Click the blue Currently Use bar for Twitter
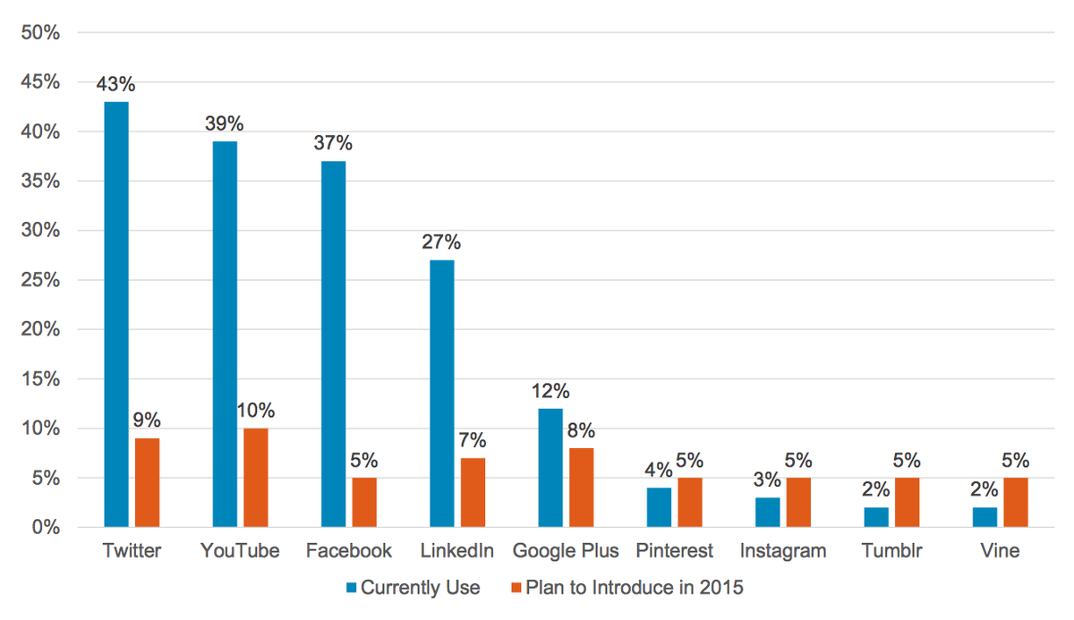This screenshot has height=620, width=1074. (116, 314)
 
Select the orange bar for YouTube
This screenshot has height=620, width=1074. (255, 478)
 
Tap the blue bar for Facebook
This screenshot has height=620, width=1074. (333, 344)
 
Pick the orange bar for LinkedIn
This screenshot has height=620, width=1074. (473, 492)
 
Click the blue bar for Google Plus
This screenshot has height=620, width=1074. (550, 468)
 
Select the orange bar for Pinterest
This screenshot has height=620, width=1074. (689, 503)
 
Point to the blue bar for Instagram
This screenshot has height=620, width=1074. (767, 513)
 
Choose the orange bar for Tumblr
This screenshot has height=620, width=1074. (907, 503)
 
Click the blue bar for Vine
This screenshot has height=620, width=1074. (984, 517)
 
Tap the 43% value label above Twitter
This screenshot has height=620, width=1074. (116, 85)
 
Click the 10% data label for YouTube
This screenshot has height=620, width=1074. (255, 412)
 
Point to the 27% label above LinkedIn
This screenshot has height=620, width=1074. (442, 242)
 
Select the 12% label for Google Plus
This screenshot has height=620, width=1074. (550, 391)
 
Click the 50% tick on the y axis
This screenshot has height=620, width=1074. (39, 33)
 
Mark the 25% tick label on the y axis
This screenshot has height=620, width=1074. (39, 280)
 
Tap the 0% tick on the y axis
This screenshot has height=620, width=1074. (45, 528)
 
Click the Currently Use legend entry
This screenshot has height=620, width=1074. (413, 588)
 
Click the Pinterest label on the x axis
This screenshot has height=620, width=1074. (674, 551)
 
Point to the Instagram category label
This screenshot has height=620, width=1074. (783, 551)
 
